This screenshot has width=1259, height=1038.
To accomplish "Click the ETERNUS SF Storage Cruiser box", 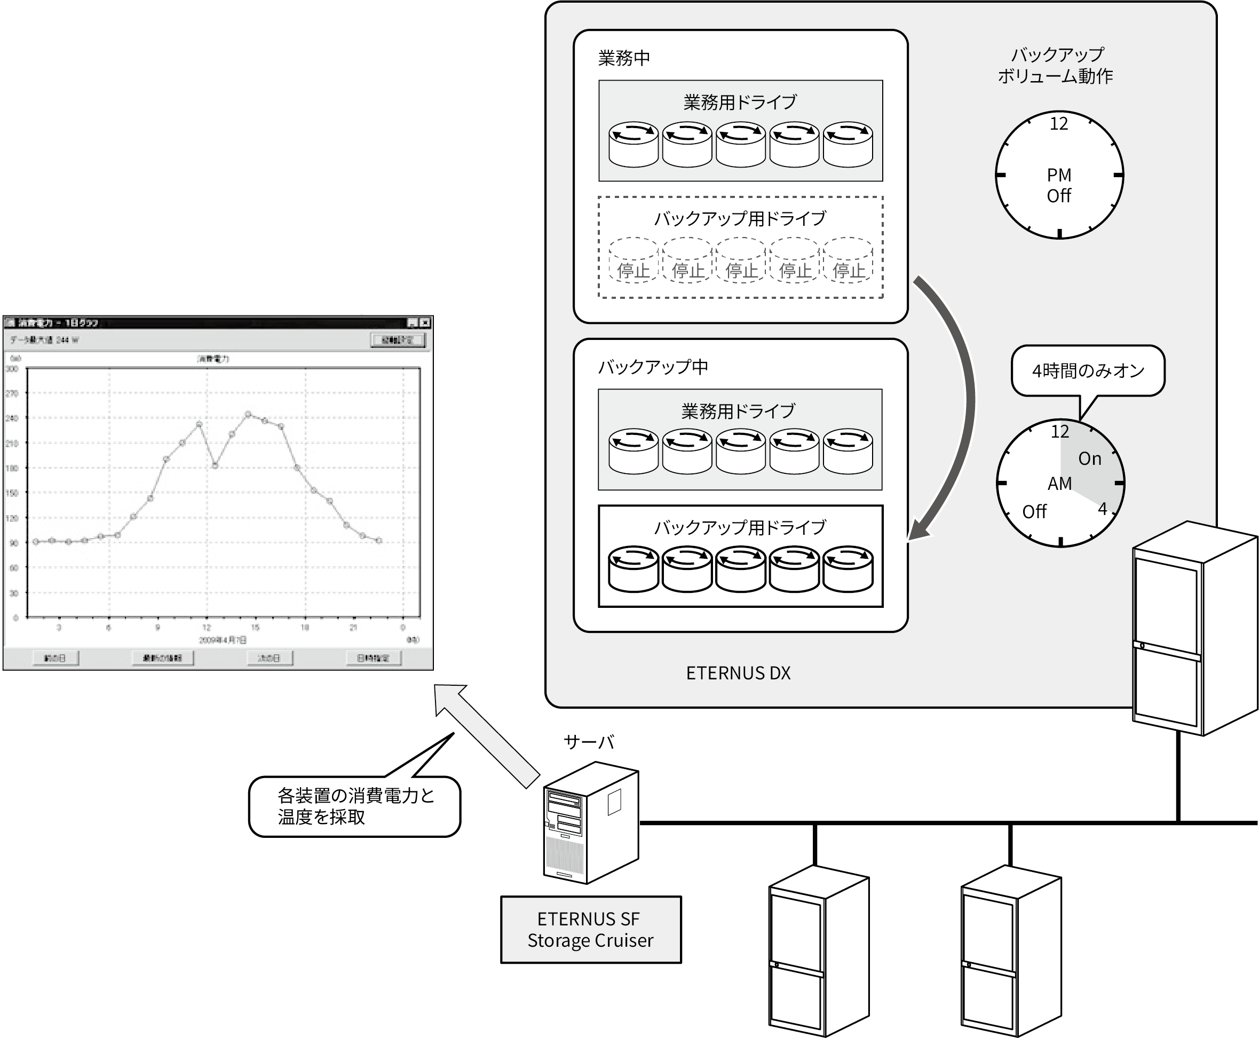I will [x=591, y=929].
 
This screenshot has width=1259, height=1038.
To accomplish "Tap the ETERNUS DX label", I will [x=738, y=673].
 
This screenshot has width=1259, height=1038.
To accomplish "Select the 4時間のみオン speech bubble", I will [x=1088, y=371].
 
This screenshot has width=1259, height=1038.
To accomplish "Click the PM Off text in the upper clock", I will [x=1059, y=185].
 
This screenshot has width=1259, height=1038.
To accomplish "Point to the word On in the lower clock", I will [x=1089, y=458].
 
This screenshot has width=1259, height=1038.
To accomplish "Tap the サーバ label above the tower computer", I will [x=589, y=742].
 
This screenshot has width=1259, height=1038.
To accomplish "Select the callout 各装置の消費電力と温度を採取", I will [x=354, y=806].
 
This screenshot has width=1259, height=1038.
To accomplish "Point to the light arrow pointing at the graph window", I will [x=487, y=735].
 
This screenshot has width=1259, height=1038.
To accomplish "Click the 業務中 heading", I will [x=623, y=58].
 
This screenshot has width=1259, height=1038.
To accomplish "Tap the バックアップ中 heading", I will [x=653, y=367].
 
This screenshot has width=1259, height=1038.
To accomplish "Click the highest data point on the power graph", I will [x=248, y=414].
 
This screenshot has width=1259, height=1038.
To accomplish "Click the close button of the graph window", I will [x=425, y=323].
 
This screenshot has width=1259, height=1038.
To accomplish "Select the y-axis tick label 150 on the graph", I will [x=12, y=493].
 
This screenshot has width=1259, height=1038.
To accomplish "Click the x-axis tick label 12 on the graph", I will [x=206, y=627].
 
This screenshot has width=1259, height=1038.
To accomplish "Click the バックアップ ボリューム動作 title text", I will [x=1056, y=65].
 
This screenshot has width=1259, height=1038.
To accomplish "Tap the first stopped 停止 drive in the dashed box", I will [x=633, y=260].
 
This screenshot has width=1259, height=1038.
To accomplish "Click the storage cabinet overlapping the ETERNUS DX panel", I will [x=1194, y=628].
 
